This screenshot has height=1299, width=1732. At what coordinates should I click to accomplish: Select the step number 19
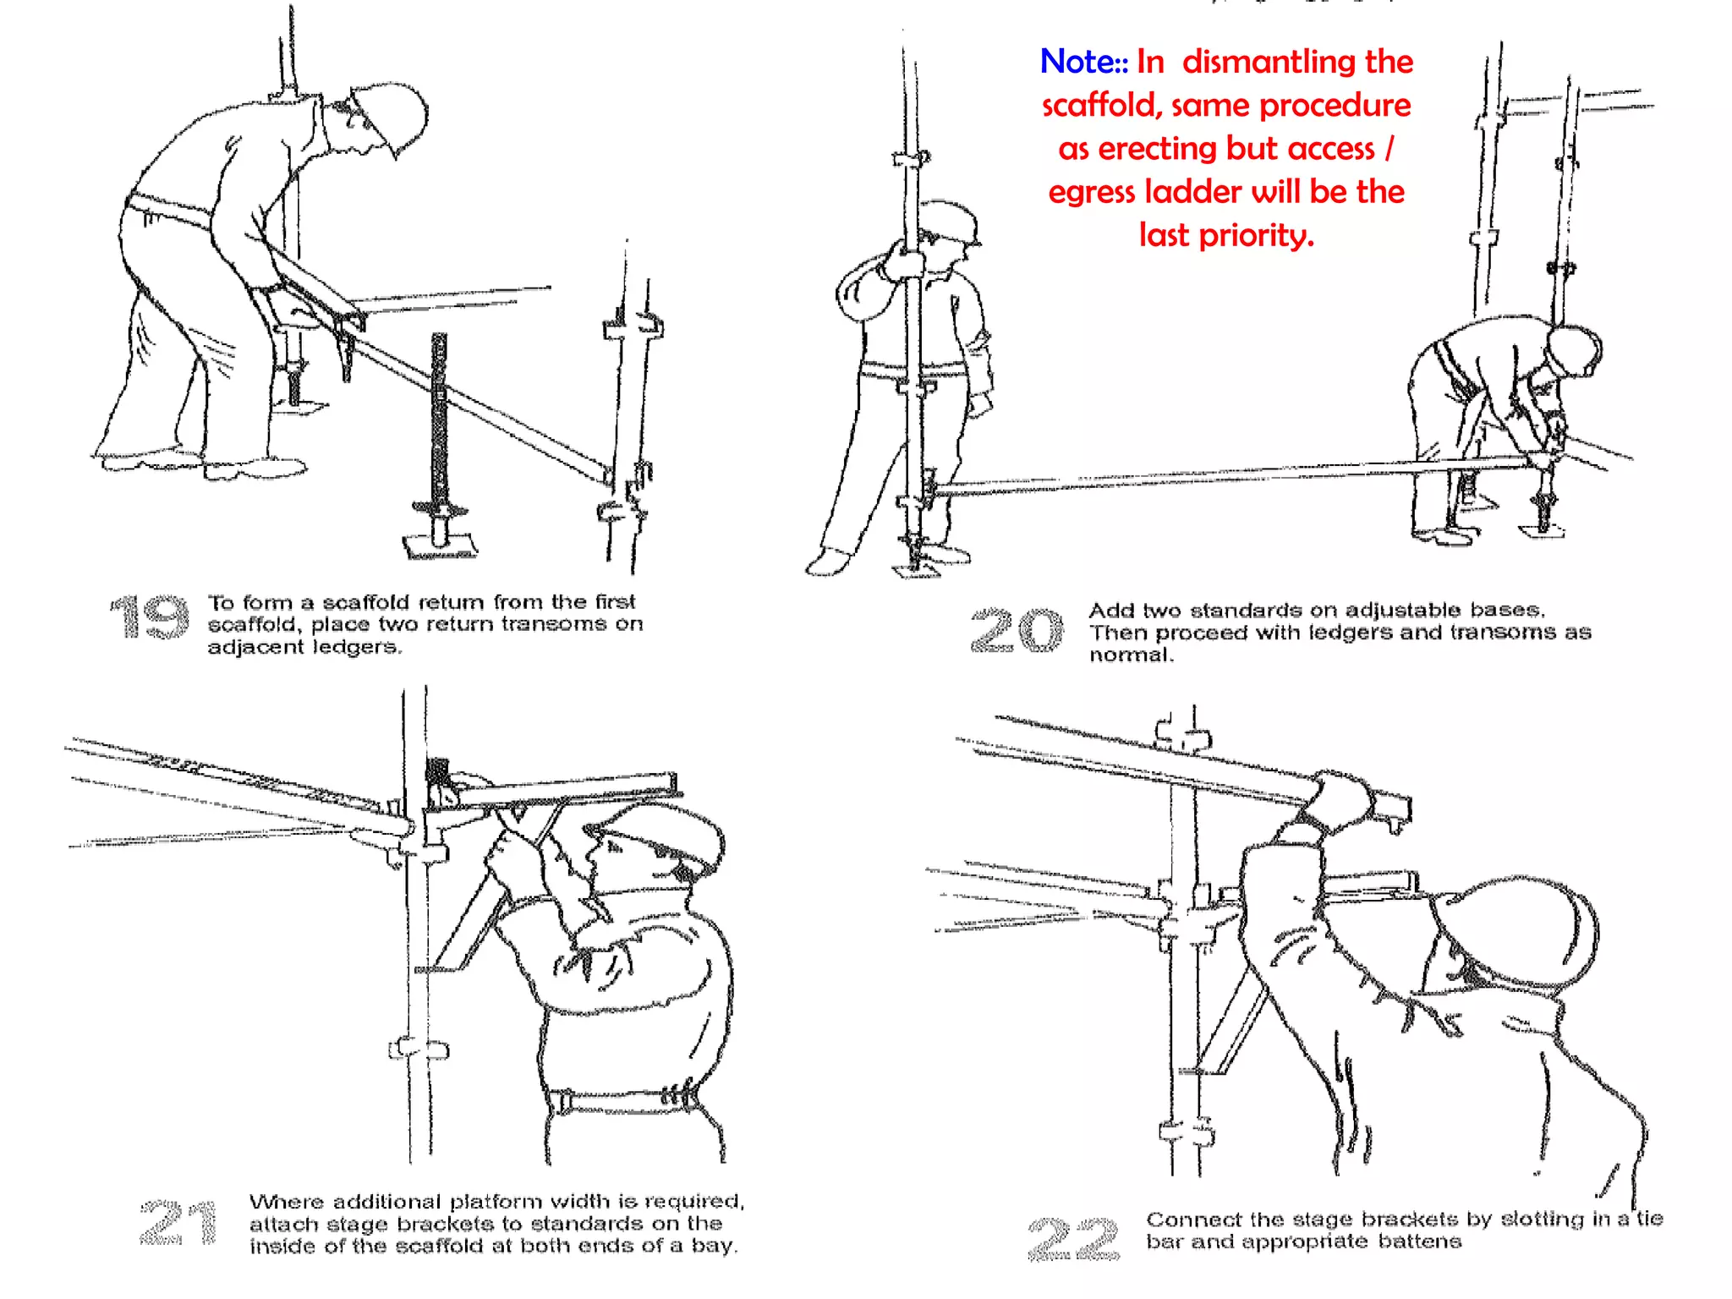151,617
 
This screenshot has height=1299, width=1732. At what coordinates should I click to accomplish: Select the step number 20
1017,631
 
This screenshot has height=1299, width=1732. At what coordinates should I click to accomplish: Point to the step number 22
1073,1239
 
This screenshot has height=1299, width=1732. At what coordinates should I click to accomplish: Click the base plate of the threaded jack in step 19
440,546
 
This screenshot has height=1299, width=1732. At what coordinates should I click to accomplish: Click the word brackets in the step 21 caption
444,1224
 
